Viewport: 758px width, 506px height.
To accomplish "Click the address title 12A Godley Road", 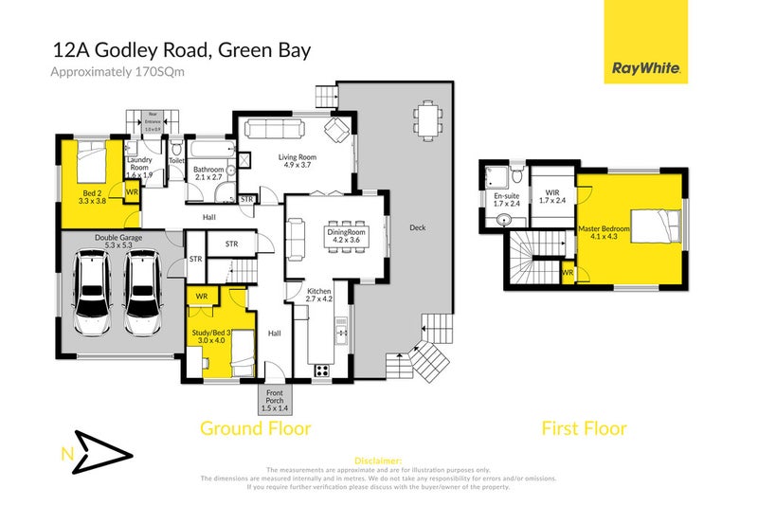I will pyautogui.click(x=179, y=49).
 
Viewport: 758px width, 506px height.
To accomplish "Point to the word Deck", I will pyautogui.click(x=418, y=227).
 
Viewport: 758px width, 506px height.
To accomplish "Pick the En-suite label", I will pyautogui.click(x=507, y=200).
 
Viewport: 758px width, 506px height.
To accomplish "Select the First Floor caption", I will pyautogui.click(x=584, y=428).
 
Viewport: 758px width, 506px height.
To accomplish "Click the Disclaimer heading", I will pyautogui.click(x=378, y=460).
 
